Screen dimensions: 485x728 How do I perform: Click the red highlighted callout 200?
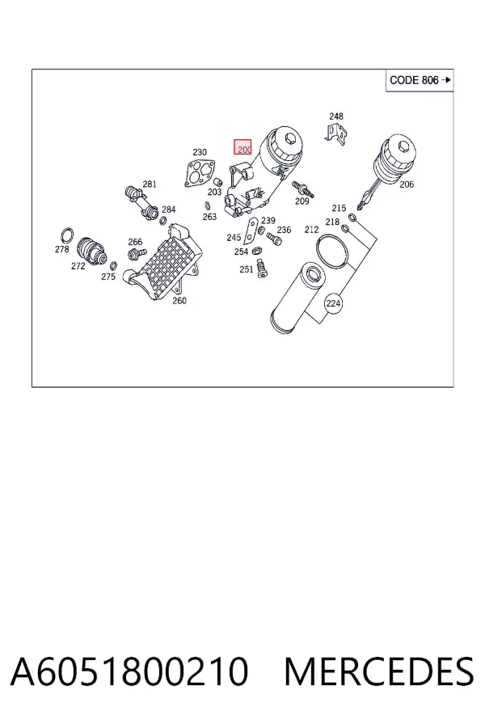click(x=242, y=146)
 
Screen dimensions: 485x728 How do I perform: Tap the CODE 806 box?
click(x=420, y=80)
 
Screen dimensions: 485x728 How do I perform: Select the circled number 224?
click(x=333, y=303)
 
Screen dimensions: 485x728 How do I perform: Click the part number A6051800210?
click(x=129, y=671)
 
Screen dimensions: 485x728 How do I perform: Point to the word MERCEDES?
click(x=379, y=671)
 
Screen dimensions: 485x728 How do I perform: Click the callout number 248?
click(x=336, y=116)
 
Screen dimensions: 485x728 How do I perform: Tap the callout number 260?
click(x=179, y=300)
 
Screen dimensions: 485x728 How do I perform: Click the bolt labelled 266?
click(x=137, y=253)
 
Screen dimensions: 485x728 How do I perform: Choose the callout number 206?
click(x=407, y=184)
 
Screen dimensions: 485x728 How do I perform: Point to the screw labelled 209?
click(x=302, y=188)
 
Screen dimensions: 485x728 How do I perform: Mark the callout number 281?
click(x=150, y=184)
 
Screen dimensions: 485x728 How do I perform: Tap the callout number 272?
click(x=78, y=266)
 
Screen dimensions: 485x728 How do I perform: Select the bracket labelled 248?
click(x=336, y=133)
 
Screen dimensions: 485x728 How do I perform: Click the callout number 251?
click(x=246, y=269)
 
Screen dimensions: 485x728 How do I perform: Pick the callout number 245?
click(x=234, y=238)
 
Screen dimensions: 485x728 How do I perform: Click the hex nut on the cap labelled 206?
click(x=404, y=147)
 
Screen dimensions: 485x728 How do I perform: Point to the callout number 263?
click(x=209, y=216)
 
